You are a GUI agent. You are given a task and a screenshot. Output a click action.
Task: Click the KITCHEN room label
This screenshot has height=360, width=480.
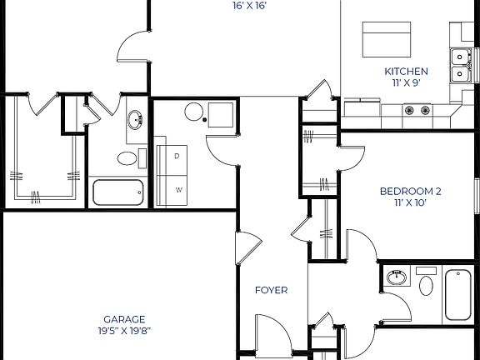(406, 72)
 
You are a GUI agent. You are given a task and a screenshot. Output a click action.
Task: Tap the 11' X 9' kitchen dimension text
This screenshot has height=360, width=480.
(406, 83)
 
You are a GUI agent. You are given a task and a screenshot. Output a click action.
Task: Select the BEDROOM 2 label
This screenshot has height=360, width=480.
(411, 191)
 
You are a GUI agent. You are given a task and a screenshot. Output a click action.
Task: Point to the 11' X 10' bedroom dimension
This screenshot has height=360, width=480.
(411, 202)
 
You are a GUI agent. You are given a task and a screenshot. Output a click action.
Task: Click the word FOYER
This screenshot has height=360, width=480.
(271, 291)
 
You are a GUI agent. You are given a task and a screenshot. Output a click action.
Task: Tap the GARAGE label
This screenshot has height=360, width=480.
(124, 319)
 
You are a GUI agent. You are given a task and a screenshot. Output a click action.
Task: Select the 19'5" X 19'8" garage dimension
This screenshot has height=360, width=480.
(124, 331)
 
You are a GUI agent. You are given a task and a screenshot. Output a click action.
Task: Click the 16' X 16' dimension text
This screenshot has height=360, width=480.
(250, 6)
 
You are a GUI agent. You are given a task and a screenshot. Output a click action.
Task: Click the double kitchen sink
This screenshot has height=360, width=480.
(459, 66)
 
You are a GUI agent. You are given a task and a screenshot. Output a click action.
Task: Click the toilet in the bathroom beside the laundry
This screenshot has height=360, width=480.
(127, 158)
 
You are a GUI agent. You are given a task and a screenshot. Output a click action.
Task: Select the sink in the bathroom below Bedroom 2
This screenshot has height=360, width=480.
(397, 277)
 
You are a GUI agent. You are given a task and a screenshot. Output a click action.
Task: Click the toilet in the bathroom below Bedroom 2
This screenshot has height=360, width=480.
(427, 283)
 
